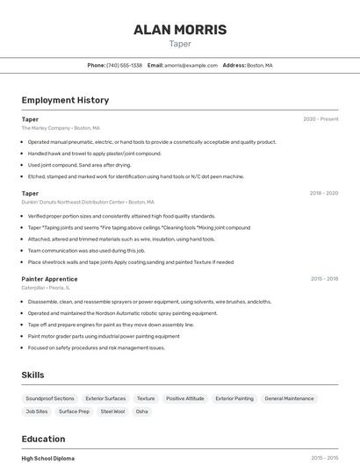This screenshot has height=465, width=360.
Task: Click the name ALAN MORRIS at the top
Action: click(179, 30)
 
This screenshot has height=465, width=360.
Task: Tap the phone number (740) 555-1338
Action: click(125, 65)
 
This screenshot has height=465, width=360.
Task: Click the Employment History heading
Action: click(65, 100)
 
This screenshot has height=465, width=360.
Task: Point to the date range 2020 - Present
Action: click(320, 118)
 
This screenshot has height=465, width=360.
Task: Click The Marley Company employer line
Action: click(61, 127)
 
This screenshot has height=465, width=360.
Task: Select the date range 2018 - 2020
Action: click(323, 193)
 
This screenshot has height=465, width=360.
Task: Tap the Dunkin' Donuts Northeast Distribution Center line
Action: click(88, 202)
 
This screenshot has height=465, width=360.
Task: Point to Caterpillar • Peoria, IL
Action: click(46, 288)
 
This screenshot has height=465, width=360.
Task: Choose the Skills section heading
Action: click(33, 375)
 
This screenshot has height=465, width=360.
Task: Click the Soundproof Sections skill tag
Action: click(50, 398)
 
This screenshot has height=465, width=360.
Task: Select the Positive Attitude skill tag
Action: click(184, 398)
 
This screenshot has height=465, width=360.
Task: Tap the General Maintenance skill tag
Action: click(289, 398)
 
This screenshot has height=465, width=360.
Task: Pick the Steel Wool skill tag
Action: click(112, 411)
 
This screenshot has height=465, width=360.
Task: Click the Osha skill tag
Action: click(142, 411)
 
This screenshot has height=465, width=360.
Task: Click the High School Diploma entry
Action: click(48, 458)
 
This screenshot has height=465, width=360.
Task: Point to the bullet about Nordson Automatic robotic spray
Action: click(122, 313)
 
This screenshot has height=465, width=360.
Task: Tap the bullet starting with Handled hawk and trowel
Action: click(95, 154)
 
